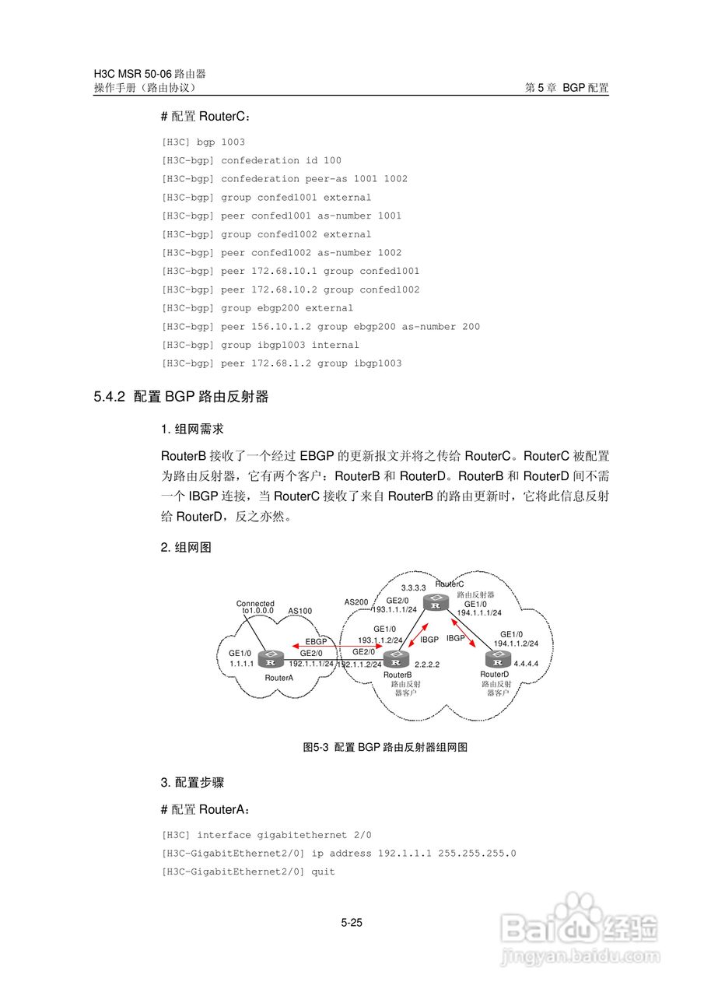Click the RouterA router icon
coord(271,661)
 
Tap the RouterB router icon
coord(397,661)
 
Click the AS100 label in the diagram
coord(300,611)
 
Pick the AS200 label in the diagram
coord(356,602)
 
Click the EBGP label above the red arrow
coord(317,642)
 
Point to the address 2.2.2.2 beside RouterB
coord(427,665)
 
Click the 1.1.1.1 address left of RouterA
coord(242,664)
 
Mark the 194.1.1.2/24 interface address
coord(517,644)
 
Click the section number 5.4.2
coord(110,397)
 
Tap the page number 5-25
coord(352,924)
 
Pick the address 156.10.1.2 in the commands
coord(281,327)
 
